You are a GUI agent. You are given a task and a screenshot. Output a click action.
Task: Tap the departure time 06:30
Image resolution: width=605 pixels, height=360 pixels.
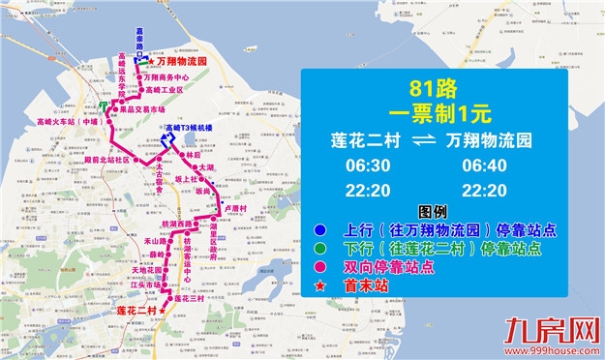point(368,166)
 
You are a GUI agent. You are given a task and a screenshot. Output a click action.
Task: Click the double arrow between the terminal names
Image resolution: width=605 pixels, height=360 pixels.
point(426,141)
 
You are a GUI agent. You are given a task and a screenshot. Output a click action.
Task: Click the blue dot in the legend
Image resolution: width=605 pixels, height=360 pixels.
point(320,230)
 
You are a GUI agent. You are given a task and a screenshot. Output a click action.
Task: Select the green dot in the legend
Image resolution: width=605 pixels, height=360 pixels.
point(320,249)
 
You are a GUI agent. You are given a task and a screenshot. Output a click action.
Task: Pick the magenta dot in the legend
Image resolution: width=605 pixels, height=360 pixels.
point(320,266)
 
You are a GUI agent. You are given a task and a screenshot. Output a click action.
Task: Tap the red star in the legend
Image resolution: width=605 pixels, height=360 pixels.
point(320,285)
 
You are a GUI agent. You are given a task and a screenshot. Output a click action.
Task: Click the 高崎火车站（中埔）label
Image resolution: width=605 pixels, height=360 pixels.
point(68,123)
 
